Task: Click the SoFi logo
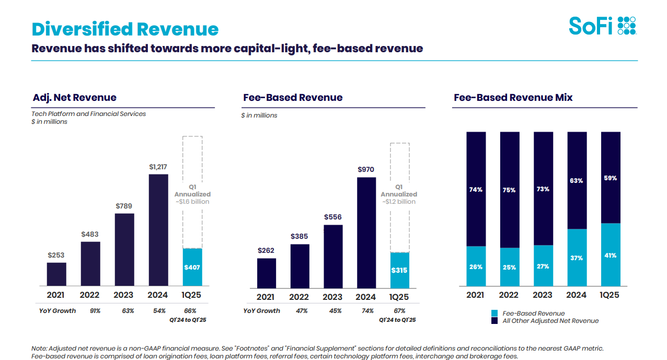tap(602, 25)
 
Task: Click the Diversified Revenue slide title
tap(125, 29)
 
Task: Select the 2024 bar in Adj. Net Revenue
tap(158, 230)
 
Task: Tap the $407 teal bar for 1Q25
tap(192, 267)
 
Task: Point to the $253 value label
tap(56, 255)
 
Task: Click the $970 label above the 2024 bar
tap(366, 170)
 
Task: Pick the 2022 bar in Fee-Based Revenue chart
tap(300, 265)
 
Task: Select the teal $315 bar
tap(399, 270)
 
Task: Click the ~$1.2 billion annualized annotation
tap(399, 202)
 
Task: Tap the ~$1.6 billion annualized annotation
tap(192, 202)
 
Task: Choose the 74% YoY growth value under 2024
tap(367, 311)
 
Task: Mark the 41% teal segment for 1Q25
tap(610, 255)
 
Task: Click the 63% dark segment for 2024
tap(577, 180)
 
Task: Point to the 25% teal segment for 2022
tap(510, 267)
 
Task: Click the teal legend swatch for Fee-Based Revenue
tap(494, 313)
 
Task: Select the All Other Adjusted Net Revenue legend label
tap(550, 321)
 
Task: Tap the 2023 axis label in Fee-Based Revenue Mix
tap(543, 295)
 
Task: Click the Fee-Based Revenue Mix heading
tap(513, 98)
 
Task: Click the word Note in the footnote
tap(39, 349)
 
